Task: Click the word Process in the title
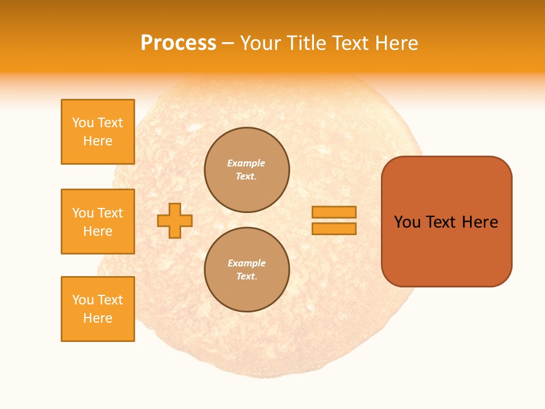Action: pos(178,43)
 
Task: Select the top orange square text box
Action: pos(98,132)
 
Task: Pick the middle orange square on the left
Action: pos(98,222)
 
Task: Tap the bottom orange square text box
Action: pos(98,309)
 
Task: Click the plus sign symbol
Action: pos(175,220)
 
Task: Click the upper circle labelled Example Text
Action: pos(247,170)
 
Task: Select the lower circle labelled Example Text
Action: pos(247,270)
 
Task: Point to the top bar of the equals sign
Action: pos(334,212)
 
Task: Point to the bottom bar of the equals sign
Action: pos(334,229)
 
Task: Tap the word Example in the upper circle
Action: pos(246,163)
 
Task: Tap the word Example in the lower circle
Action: pos(246,263)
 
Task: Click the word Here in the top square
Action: pos(98,141)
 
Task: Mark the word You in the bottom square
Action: pos(83,300)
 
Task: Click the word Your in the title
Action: pos(261,43)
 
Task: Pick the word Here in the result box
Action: pos(480,222)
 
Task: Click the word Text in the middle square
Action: pos(110,213)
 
